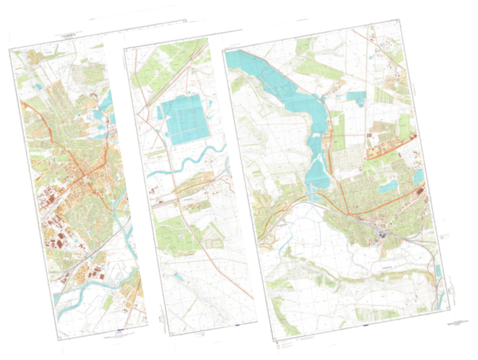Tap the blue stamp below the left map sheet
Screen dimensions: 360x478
[x=120, y=330]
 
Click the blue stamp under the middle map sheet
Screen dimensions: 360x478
[x=238, y=325]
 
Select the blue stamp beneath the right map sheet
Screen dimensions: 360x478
[x=366, y=325]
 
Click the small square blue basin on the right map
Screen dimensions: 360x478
[x=356, y=97]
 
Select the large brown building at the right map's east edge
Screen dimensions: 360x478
[x=420, y=192]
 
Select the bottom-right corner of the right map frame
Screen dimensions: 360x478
[x=450, y=309]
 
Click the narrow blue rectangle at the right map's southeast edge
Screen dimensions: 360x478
[x=438, y=271]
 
